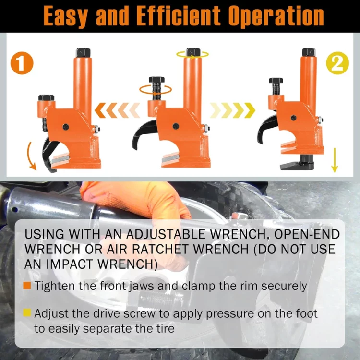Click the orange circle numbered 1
click(22, 63)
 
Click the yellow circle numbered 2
click(337, 63)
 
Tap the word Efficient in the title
click(179, 16)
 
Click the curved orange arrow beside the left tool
click(29, 156)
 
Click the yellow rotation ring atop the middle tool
click(192, 55)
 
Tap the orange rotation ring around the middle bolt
click(156, 89)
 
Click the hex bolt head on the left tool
click(47, 97)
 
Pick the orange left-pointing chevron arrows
click(117, 110)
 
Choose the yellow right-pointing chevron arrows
click(232, 110)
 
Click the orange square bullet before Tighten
click(27, 286)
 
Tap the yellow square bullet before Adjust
click(27, 312)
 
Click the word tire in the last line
click(165, 328)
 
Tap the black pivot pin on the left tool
click(66, 127)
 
